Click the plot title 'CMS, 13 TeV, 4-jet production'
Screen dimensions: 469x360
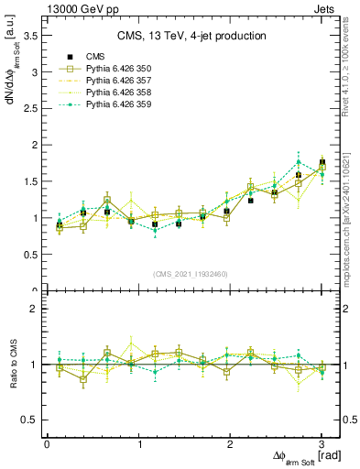coord(191,36)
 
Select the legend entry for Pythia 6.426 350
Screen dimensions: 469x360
coord(118,69)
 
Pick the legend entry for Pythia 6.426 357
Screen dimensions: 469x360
coord(118,81)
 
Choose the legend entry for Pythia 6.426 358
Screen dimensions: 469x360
coord(118,93)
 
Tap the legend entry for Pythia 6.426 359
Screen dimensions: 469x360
coord(118,104)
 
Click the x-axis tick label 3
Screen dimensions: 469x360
coord(322,443)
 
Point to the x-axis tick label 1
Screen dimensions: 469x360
coord(139,443)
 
